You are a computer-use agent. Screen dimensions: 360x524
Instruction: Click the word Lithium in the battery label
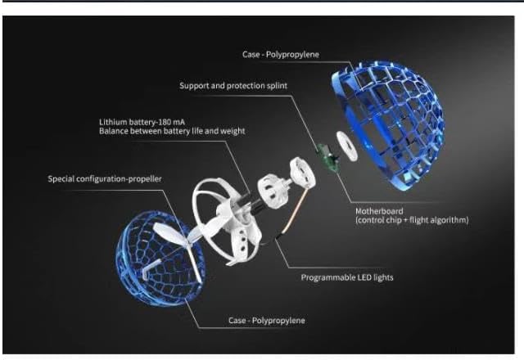[x=115, y=121]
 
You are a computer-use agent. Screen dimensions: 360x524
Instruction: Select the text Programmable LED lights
[x=347, y=277]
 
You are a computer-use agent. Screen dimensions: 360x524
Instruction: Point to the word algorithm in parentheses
[x=447, y=219]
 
